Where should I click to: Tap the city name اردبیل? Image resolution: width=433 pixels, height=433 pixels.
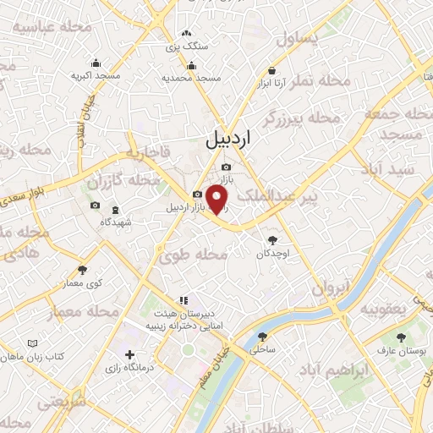pyautogui.click(x=228, y=140)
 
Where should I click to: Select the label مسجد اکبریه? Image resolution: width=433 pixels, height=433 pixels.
pyautogui.click(x=93, y=76)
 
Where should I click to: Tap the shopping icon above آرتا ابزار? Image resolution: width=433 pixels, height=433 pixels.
pyautogui.click(x=272, y=70)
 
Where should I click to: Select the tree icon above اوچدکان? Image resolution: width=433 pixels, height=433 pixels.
pyautogui.click(x=271, y=240)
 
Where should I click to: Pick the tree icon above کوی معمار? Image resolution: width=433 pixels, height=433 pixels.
pyautogui.click(x=82, y=271)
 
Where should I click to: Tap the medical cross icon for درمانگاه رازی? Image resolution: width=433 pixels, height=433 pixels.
pyautogui.click(x=129, y=354)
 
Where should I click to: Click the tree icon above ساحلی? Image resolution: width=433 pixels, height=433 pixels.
pyautogui.click(x=258, y=334)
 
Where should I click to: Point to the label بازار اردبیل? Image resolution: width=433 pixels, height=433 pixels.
pyautogui.click(x=186, y=207)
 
